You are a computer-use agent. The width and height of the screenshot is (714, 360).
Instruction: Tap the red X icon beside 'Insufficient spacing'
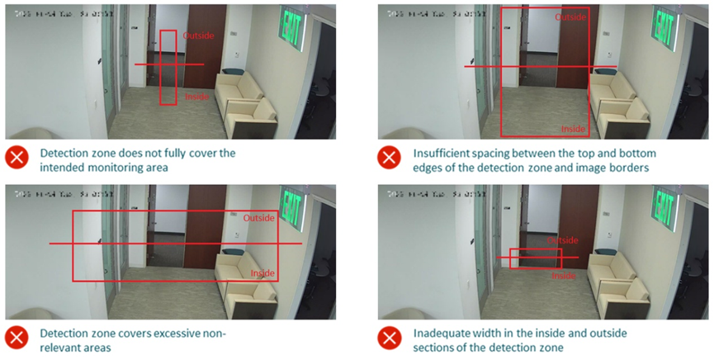pyautogui.click(x=390, y=159)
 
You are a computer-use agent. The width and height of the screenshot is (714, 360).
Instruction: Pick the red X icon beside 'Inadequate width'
pyautogui.click(x=390, y=339)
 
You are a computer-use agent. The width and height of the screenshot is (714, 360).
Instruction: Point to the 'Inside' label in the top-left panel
pyautogui.click(x=197, y=97)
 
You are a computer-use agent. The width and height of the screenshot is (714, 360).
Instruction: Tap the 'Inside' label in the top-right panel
pyautogui.click(x=573, y=129)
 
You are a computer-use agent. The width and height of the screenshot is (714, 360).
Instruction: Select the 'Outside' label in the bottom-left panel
pyautogui.click(x=260, y=218)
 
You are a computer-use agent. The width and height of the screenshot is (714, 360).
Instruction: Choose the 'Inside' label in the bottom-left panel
pyautogui.click(x=262, y=273)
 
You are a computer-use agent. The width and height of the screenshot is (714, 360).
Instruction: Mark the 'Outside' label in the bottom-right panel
pyautogui.click(x=564, y=240)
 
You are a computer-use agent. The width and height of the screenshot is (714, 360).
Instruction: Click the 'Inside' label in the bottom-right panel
pyautogui.click(x=564, y=276)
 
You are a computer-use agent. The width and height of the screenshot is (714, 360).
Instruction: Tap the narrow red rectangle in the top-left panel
pyautogui.click(x=168, y=68)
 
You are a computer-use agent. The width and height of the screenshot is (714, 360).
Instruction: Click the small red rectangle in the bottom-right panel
pyautogui.click(x=535, y=258)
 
